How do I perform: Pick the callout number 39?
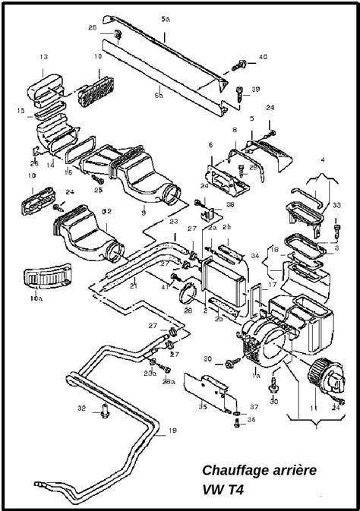click(255, 90)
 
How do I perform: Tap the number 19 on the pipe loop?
click(172, 431)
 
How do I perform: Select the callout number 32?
click(81, 408)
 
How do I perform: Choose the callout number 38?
click(230, 204)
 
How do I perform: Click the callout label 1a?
click(256, 376)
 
